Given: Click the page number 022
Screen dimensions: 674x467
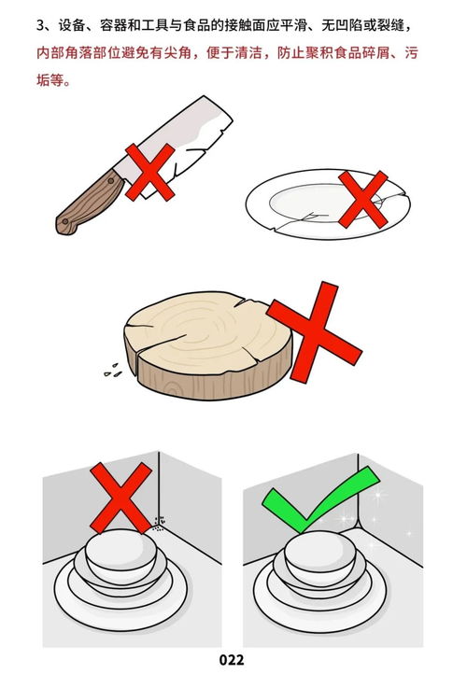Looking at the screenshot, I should [x=233, y=660].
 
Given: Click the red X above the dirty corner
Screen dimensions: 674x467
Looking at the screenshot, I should [x=122, y=498].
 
